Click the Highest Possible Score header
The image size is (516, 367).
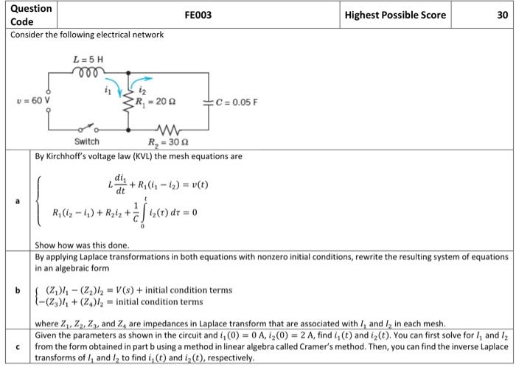[397, 15]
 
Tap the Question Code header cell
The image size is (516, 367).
[32, 15]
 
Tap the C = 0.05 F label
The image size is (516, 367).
[236, 101]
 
